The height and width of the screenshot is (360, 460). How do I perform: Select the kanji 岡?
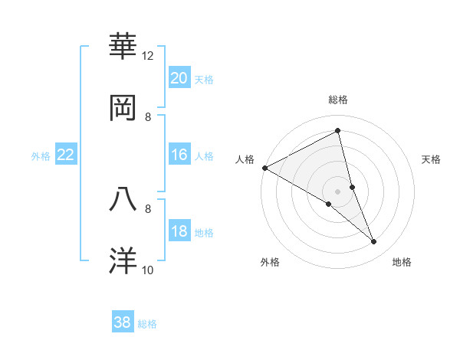pyautogui.click(x=123, y=108)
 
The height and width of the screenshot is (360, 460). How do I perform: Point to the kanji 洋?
pyautogui.click(x=123, y=260)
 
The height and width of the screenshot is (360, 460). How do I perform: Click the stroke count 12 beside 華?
pyautogui.click(x=148, y=56)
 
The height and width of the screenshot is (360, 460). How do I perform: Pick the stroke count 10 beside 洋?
pyautogui.click(x=148, y=270)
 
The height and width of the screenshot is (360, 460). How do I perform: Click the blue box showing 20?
pyautogui.click(x=179, y=78)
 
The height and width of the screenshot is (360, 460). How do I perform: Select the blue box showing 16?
pyautogui.click(x=179, y=155)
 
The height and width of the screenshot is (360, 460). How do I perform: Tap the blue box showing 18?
pyautogui.click(x=179, y=232)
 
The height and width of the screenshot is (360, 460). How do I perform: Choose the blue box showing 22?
pyautogui.click(x=66, y=155)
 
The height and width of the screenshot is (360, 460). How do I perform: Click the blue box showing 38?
pyautogui.click(x=123, y=322)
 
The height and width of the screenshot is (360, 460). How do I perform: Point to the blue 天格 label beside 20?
pyautogui.click(x=204, y=79)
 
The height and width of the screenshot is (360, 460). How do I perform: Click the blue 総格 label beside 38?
pyautogui.click(x=147, y=323)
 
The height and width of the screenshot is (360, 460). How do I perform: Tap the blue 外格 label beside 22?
pyautogui.click(x=41, y=155)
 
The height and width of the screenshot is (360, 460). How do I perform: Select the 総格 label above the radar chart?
pyautogui.click(x=338, y=100)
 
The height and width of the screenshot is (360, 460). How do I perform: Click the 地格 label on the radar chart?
pyautogui.click(x=402, y=262)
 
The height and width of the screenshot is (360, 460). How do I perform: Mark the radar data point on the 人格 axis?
pyautogui.click(x=264, y=168)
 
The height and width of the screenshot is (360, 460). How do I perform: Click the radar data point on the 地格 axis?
pyautogui.click(x=374, y=242)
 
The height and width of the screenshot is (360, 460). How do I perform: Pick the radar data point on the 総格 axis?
pyautogui.click(x=338, y=130)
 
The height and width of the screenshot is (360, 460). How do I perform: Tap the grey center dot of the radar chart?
pyautogui.click(x=338, y=191)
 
